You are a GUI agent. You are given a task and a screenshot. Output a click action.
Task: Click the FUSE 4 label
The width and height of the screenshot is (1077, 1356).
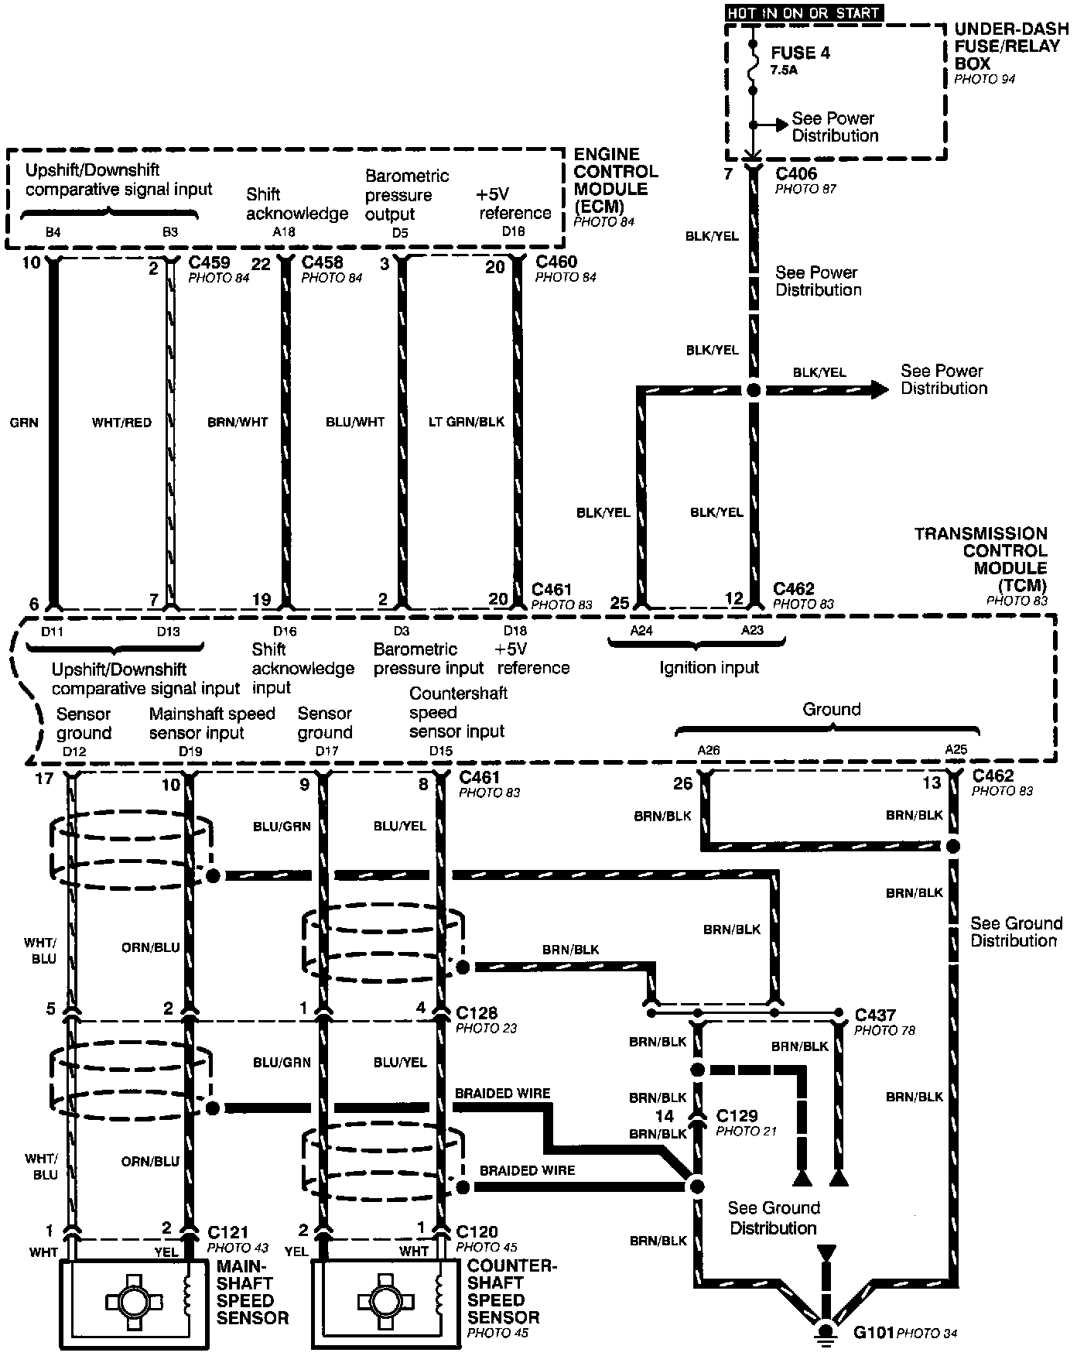[795, 53]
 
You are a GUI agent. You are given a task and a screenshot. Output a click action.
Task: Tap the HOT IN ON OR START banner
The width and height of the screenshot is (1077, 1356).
[803, 12]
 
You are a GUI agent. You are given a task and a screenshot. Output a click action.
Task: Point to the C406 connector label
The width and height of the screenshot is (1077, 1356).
[796, 174]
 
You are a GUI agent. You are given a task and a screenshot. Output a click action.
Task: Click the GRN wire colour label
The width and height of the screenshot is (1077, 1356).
[25, 423]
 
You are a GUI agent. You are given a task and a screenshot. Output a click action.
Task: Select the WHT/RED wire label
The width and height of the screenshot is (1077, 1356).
[121, 423]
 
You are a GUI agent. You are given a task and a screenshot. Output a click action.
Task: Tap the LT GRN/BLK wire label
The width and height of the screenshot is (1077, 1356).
[467, 423]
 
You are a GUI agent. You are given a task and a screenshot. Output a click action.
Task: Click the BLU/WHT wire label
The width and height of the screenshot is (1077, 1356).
[355, 423]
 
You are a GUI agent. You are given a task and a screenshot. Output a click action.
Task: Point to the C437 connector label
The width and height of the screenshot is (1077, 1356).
[875, 1014]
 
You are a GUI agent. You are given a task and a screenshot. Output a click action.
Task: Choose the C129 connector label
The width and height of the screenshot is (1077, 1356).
[737, 1115]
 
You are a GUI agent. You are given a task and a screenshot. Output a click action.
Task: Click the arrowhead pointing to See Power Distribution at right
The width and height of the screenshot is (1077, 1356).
[880, 390]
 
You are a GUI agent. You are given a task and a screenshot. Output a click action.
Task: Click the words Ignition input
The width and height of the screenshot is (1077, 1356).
[709, 667]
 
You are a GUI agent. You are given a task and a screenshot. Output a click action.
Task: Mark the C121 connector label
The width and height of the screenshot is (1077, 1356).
[227, 1231]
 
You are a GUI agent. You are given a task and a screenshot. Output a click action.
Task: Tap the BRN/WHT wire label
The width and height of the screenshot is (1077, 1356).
[238, 423]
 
